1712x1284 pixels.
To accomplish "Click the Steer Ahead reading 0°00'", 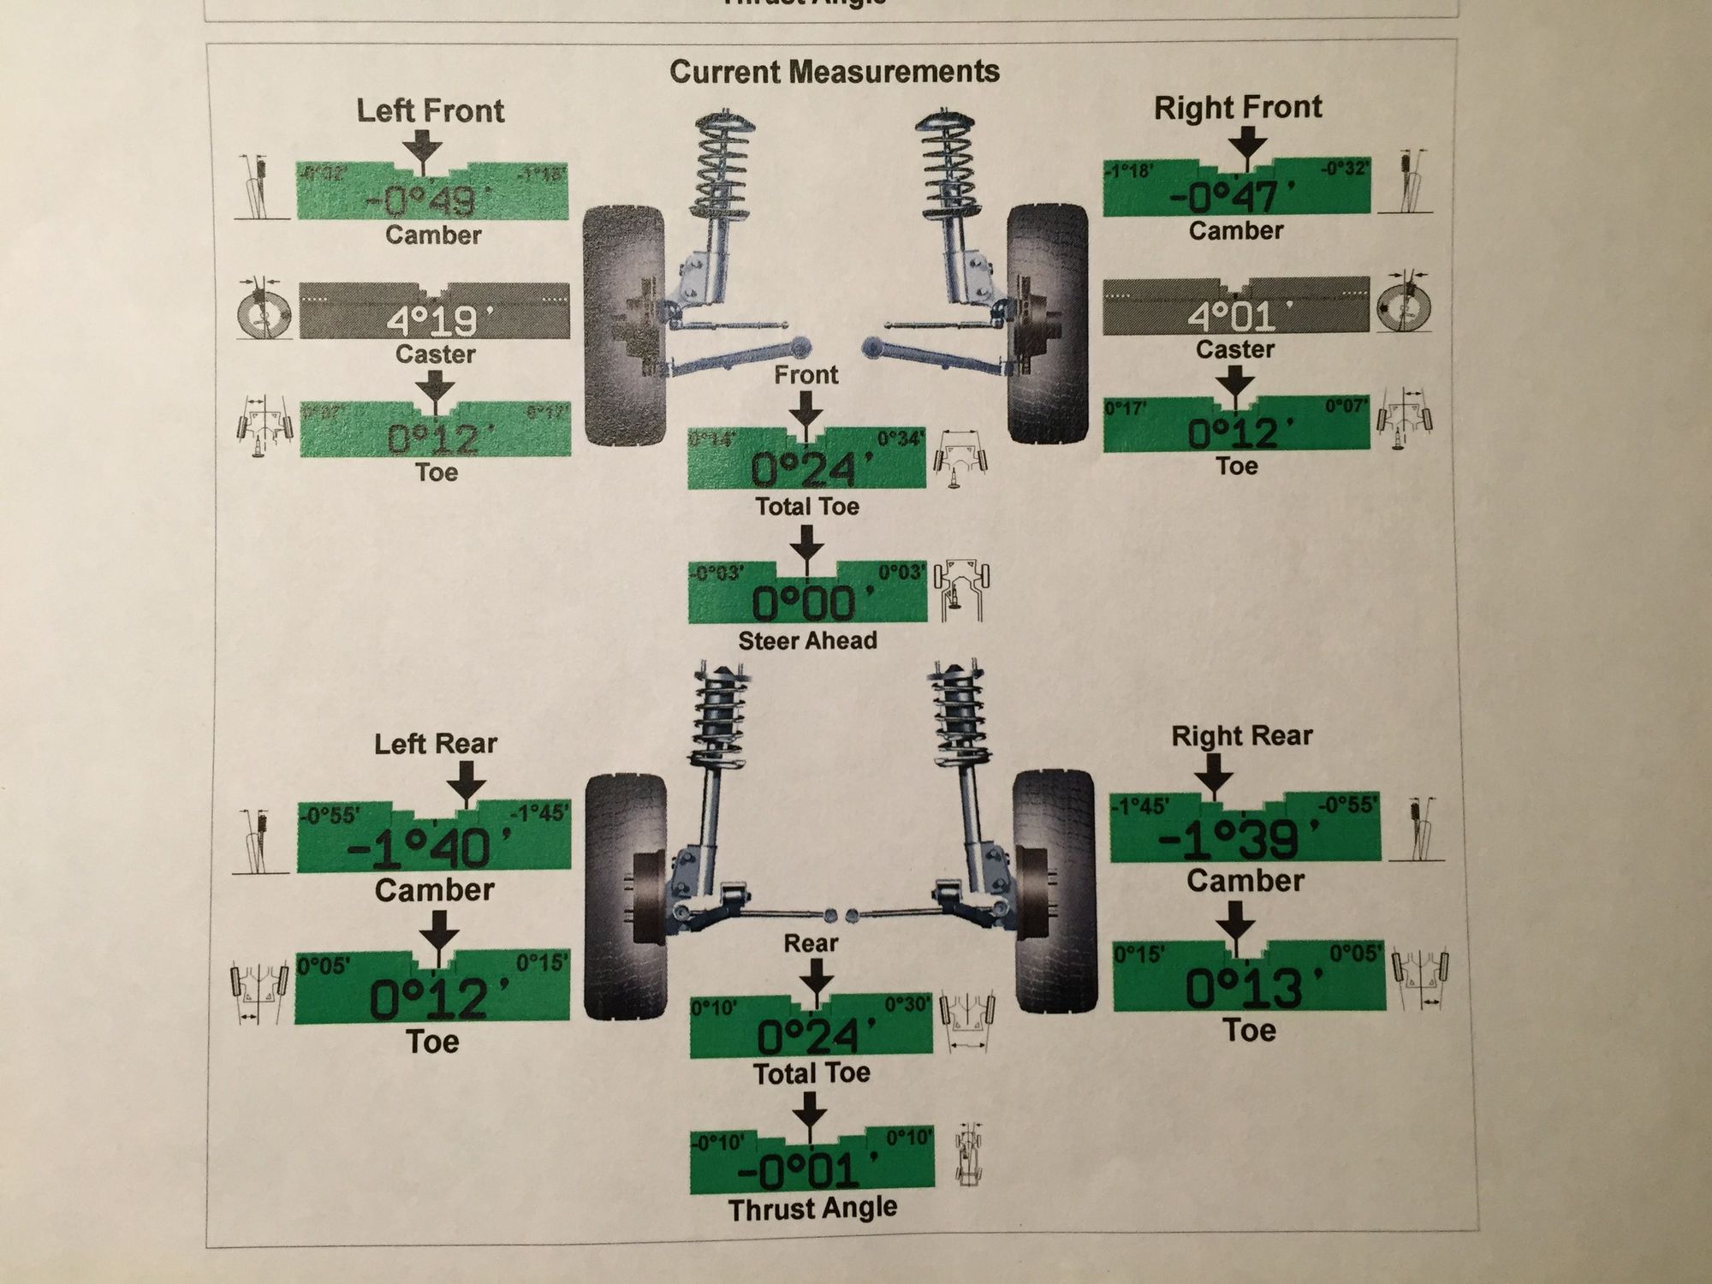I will pyautogui.click(x=805, y=603).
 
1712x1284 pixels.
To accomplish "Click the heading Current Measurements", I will pyautogui.click(x=834, y=71).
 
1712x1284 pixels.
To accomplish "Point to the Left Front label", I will pyautogui.click(x=430, y=110).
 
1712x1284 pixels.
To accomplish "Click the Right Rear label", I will pyautogui.click(x=1241, y=735).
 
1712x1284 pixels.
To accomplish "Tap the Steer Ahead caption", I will pyautogui.click(x=807, y=640).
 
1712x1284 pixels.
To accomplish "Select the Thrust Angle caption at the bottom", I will pyautogui.click(x=812, y=1209).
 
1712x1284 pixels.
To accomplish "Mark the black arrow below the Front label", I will pyautogui.click(x=805, y=408).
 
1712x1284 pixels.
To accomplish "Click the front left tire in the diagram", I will pyautogui.click(x=624, y=325).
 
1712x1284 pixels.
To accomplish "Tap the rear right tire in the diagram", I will pyautogui.click(x=1055, y=890).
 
